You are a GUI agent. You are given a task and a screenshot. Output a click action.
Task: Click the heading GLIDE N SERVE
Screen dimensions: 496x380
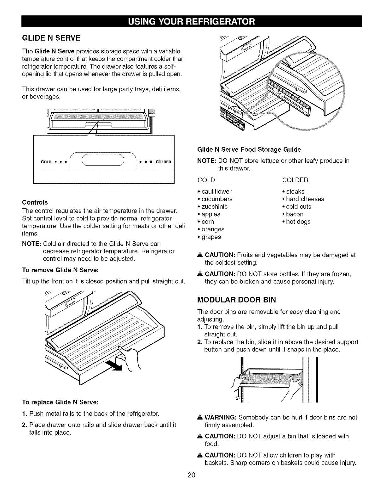[51, 38]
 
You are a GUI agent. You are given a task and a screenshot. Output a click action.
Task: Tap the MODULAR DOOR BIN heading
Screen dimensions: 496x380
[236, 300]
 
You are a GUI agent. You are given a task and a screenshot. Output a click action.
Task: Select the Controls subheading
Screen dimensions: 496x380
[35, 202]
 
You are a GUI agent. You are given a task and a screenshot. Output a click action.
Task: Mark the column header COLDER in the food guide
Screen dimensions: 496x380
[295, 180]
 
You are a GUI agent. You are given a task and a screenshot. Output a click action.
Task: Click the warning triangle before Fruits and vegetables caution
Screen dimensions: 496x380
[199, 255]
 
